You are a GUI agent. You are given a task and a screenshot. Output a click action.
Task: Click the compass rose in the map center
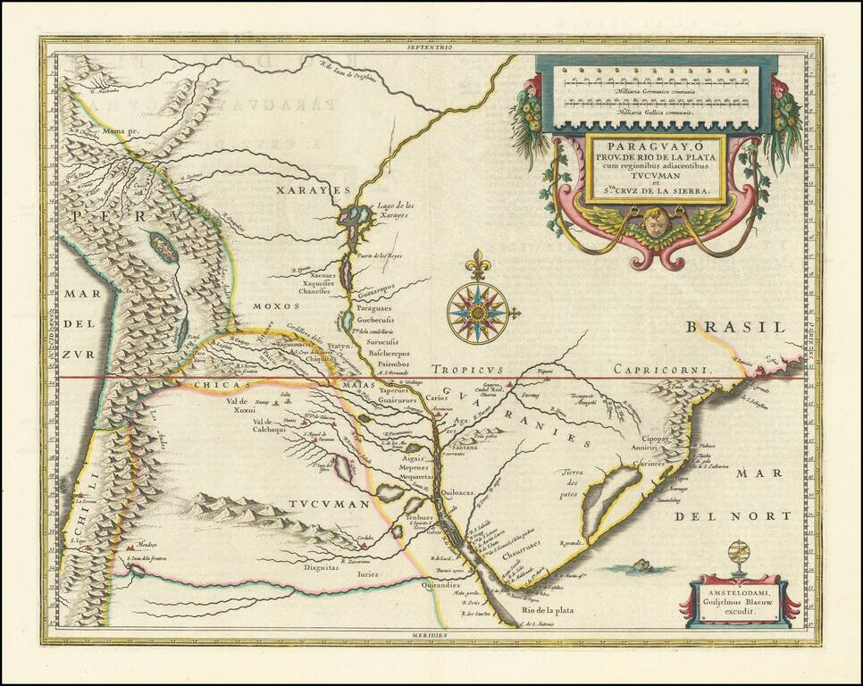pyautogui.click(x=478, y=313)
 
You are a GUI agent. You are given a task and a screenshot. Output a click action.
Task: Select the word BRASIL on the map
pyautogui.click(x=726, y=328)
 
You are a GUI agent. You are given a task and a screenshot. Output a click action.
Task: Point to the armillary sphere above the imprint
pyautogui.click(x=739, y=557)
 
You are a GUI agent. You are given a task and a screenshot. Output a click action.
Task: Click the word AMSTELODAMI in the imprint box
pyautogui.click(x=733, y=594)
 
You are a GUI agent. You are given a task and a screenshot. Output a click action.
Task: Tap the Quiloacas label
pyautogui.click(x=464, y=490)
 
